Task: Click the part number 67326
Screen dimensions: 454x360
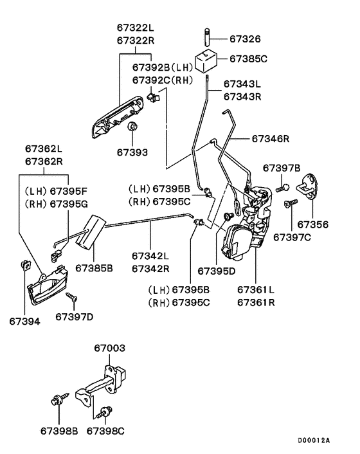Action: pyautogui.click(x=246, y=38)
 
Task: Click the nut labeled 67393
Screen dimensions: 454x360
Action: pyautogui.click(x=132, y=127)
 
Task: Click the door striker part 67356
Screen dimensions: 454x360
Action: pyautogui.click(x=312, y=185)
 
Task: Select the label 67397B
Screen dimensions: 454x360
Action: pyautogui.click(x=282, y=168)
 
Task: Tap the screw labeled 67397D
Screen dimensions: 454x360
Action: pyautogui.click(x=71, y=298)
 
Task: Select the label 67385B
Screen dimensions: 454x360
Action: pyautogui.click(x=94, y=267)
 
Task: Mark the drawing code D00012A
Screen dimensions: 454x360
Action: pyautogui.click(x=314, y=440)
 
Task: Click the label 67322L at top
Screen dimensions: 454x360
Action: pyautogui.click(x=136, y=28)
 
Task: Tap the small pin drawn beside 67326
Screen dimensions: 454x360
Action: pyautogui.click(x=207, y=34)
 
